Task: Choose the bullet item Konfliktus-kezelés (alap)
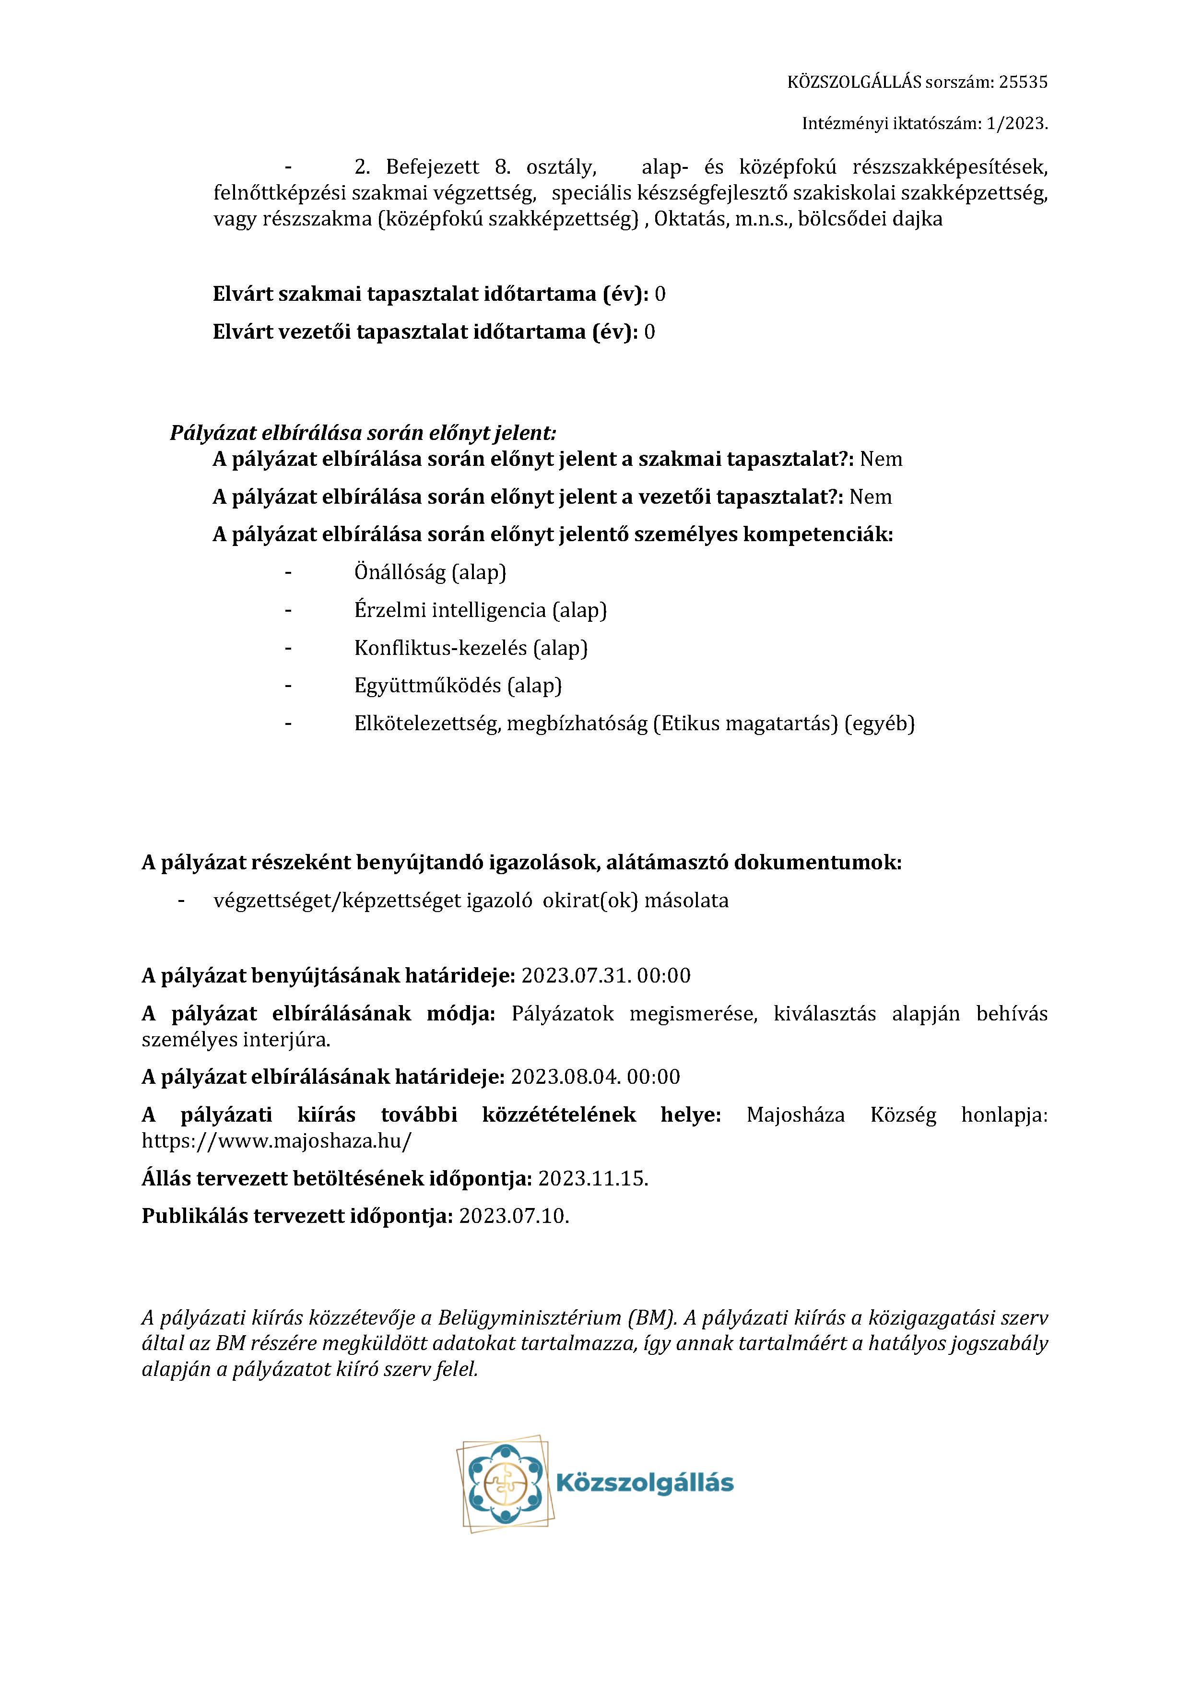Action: (x=471, y=648)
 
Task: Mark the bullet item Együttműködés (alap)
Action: (x=458, y=686)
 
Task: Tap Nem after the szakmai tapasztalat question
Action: (x=881, y=460)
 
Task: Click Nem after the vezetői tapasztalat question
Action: (x=871, y=497)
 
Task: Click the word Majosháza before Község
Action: (x=795, y=1115)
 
